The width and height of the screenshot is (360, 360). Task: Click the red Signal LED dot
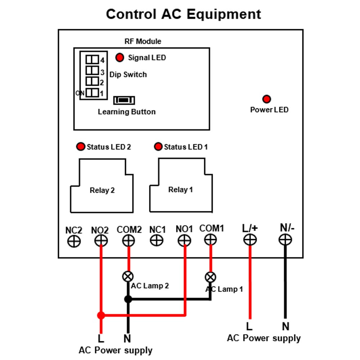point(120,57)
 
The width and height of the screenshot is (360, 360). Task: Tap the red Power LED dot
point(266,99)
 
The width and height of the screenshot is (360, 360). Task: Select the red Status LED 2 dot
point(81,147)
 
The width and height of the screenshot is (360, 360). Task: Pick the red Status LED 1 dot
point(158,147)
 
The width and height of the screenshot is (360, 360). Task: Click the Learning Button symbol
point(124,100)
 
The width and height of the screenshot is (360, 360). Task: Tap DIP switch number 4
point(92,59)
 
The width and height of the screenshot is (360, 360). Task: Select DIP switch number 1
point(92,93)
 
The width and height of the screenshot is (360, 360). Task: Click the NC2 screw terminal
point(74,242)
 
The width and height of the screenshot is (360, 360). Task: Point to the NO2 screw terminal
point(101,241)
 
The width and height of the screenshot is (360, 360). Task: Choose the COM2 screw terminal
point(129,241)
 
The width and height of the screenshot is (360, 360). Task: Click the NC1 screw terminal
point(157,240)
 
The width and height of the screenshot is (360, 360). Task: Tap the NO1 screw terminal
point(184,240)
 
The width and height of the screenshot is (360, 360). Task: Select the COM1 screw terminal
point(210,240)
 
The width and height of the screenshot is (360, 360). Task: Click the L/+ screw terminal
point(250,240)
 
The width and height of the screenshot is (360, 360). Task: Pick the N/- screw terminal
point(285,240)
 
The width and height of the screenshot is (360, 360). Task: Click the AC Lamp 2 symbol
point(128,276)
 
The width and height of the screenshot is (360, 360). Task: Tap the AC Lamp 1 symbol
point(210,277)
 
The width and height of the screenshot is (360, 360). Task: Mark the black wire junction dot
point(128,299)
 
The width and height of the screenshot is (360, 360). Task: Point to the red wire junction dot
point(101,315)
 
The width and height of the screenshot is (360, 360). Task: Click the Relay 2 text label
point(102,190)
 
